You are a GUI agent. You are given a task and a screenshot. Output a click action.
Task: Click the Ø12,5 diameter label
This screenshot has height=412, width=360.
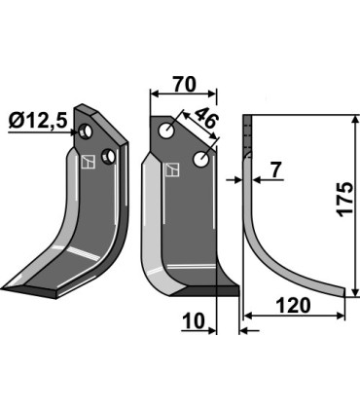point(38,122)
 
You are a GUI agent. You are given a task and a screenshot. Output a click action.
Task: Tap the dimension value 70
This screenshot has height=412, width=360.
point(184,84)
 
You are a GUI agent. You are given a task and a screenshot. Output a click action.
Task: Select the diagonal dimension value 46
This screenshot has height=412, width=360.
point(206,118)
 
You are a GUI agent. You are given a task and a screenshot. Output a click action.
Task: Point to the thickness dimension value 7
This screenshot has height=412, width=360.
point(275,170)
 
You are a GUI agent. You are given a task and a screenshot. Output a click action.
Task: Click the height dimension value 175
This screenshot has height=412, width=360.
point(344,200)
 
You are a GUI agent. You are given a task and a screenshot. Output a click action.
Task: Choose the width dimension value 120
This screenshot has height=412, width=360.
point(293,306)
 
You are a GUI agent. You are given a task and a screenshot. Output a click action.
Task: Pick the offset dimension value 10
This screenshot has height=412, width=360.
point(194,320)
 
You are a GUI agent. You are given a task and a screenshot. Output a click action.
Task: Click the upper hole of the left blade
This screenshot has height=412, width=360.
point(86,131)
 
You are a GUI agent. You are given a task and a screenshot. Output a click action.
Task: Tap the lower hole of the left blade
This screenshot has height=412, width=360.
point(108,157)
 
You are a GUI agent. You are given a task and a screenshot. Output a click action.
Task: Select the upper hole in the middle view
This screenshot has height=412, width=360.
point(166,131)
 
